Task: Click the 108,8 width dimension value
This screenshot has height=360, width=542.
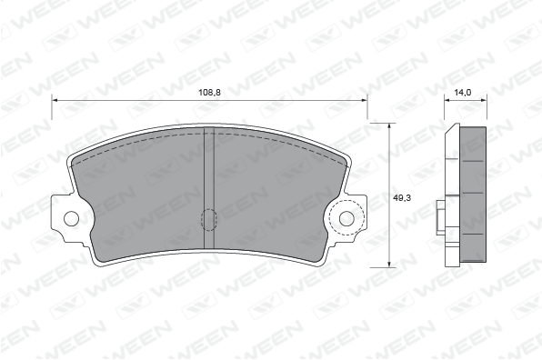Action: click(x=209, y=92)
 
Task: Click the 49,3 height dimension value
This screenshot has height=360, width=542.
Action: click(x=402, y=198)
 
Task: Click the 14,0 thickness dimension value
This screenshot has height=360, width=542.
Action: click(x=463, y=92)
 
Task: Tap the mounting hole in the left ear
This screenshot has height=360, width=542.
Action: click(x=71, y=218)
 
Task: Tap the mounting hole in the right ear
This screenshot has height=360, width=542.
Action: click(x=346, y=218)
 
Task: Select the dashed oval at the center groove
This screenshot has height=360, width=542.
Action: click(x=209, y=220)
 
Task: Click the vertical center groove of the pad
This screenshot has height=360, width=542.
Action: click(x=209, y=187)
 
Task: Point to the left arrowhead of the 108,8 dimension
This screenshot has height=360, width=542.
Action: click(x=55, y=100)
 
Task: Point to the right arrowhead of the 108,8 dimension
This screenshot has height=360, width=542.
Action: click(x=364, y=100)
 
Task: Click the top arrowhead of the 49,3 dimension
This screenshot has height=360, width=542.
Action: click(x=389, y=125)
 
